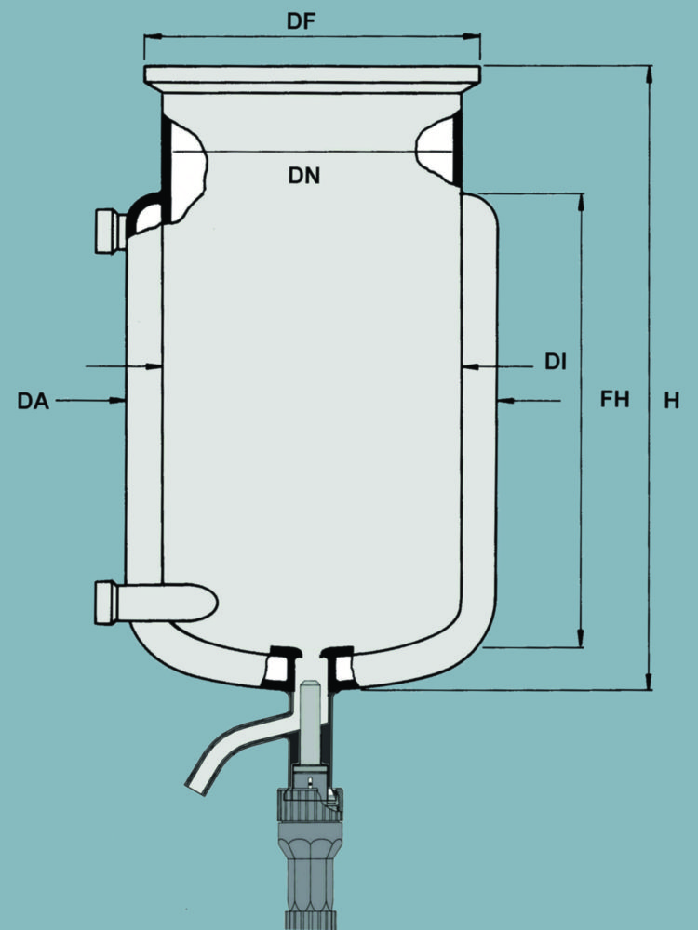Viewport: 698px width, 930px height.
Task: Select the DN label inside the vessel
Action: click(304, 174)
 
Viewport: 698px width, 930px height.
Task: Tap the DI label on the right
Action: click(556, 362)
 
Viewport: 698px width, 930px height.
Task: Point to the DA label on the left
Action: click(33, 401)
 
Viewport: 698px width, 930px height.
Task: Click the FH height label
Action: click(614, 400)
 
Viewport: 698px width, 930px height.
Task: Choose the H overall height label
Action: click(671, 400)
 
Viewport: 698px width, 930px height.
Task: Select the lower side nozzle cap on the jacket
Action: click(105, 602)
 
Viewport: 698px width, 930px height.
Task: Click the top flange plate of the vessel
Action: click(312, 74)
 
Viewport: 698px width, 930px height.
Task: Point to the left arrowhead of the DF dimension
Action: click(150, 37)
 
